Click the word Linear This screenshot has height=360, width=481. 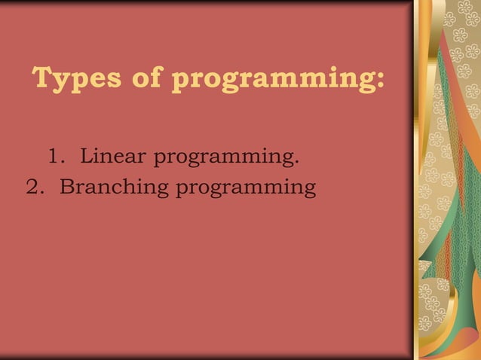(x=115, y=157)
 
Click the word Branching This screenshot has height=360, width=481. (x=115, y=187)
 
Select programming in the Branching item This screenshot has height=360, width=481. (x=245, y=188)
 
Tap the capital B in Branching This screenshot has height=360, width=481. (x=66, y=186)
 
